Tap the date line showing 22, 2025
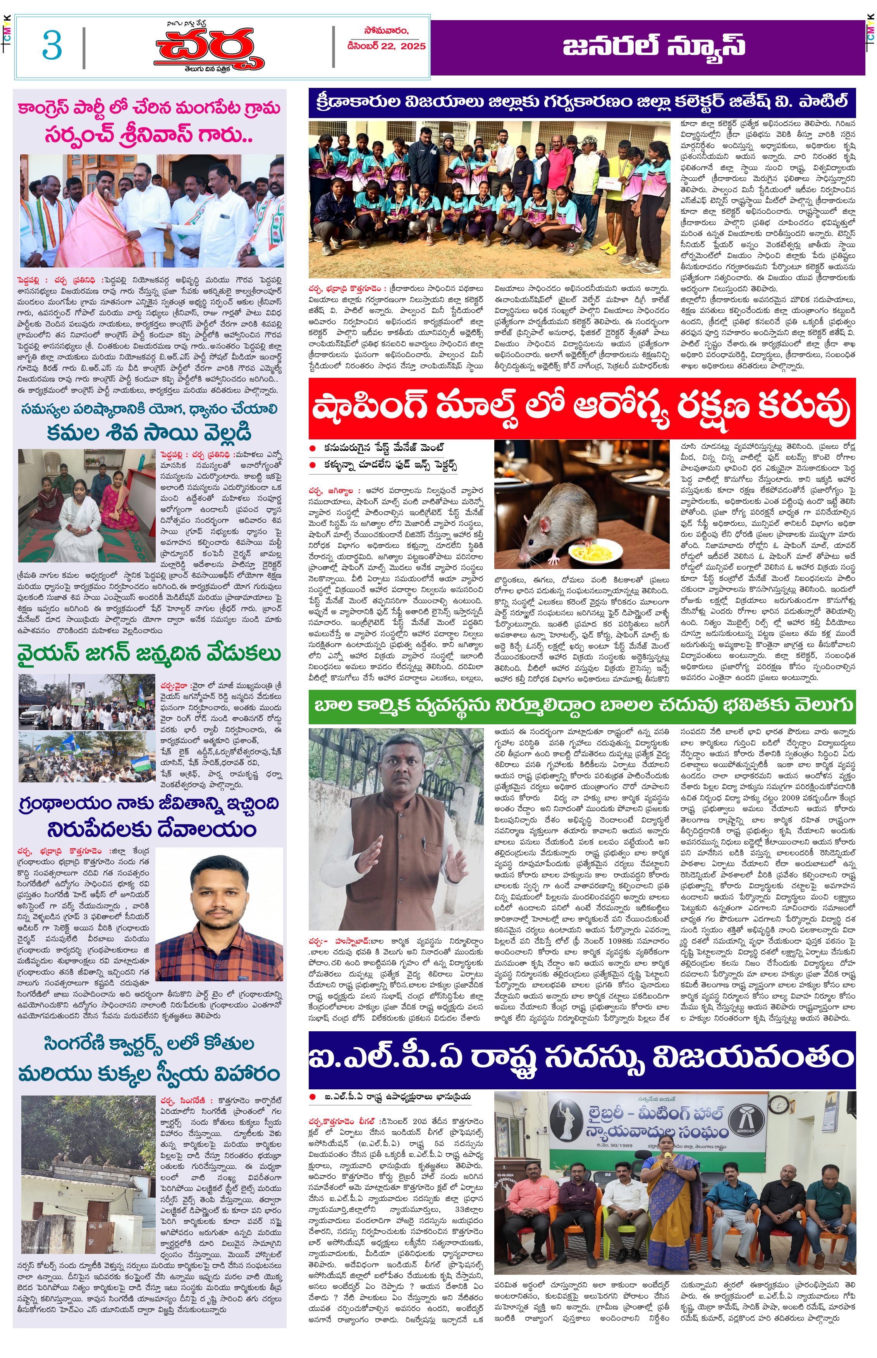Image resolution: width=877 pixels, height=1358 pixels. [387, 46]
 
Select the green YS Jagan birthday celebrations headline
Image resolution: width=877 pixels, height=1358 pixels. [149, 654]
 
